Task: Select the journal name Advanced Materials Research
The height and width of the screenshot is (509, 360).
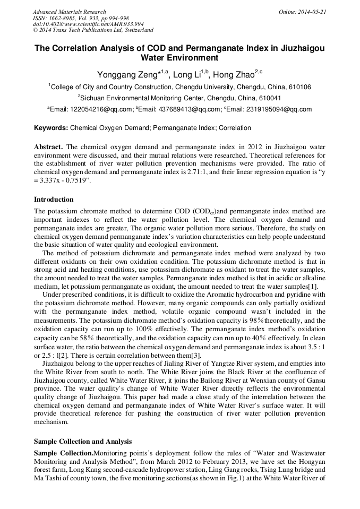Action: [69, 11]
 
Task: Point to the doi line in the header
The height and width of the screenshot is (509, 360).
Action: [88, 24]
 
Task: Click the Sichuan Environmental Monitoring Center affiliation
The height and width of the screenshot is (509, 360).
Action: [180, 98]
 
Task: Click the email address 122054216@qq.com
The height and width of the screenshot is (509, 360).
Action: [92, 109]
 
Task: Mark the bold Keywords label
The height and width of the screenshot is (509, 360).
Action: [51, 128]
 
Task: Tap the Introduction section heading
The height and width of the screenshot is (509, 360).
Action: [54, 200]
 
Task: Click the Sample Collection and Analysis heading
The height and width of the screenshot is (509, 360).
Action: [83, 441]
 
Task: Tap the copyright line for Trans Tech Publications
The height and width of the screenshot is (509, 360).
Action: [93, 30]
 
